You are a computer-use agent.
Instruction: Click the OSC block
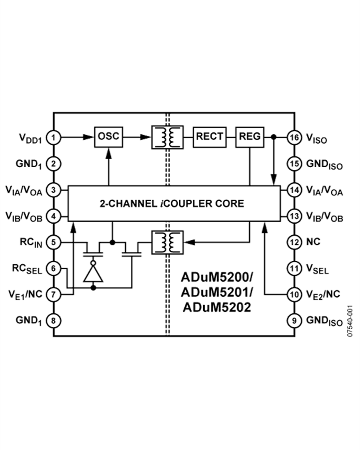(x=108, y=137)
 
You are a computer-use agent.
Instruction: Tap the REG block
(x=249, y=136)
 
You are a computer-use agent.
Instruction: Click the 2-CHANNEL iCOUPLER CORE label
(x=172, y=204)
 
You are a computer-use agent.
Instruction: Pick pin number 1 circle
(x=53, y=138)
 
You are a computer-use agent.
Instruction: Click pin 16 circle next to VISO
(x=294, y=138)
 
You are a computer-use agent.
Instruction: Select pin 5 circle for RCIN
(x=53, y=242)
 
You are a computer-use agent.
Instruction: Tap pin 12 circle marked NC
(x=294, y=242)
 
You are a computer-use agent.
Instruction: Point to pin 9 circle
(x=294, y=320)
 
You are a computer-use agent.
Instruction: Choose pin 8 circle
(x=53, y=320)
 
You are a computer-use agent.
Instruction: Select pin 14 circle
(x=294, y=190)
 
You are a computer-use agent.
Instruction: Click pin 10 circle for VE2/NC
(x=294, y=294)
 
